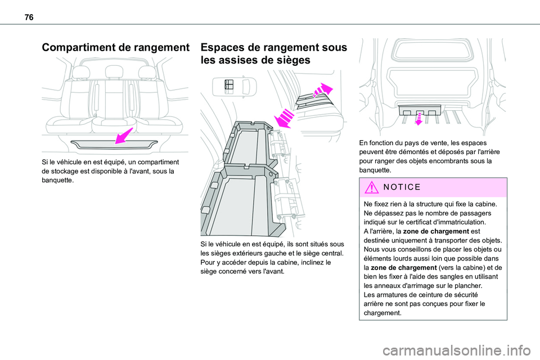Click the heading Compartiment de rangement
[x=114, y=48]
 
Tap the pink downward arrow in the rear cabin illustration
[x=419, y=117]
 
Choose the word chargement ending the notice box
[x=383, y=313]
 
